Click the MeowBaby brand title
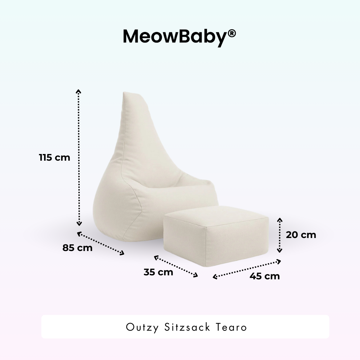click(175, 36)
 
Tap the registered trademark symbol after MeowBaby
click(232, 33)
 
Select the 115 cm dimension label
click(54, 157)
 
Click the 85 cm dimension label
click(77, 248)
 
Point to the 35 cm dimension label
click(158, 272)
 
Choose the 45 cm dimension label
click(265, 276)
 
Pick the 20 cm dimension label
click(301, 235)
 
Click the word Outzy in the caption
click(142, 327)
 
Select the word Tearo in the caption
click(233, 327)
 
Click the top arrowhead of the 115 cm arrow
click(79, 91)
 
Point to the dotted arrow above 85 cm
click(101, 243)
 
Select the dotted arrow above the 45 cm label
click(247, 269)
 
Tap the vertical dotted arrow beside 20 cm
click(280, 235)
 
